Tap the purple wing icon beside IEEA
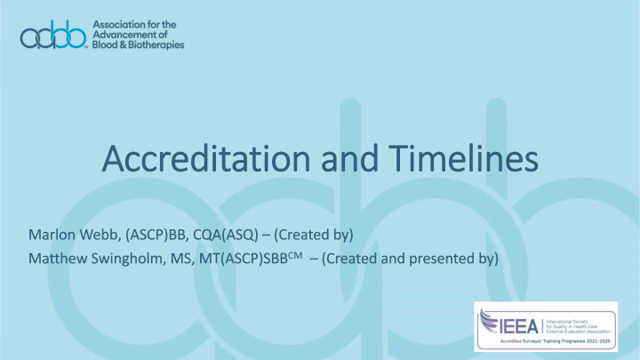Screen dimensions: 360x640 pyautogui.click(x=492, y=321)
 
